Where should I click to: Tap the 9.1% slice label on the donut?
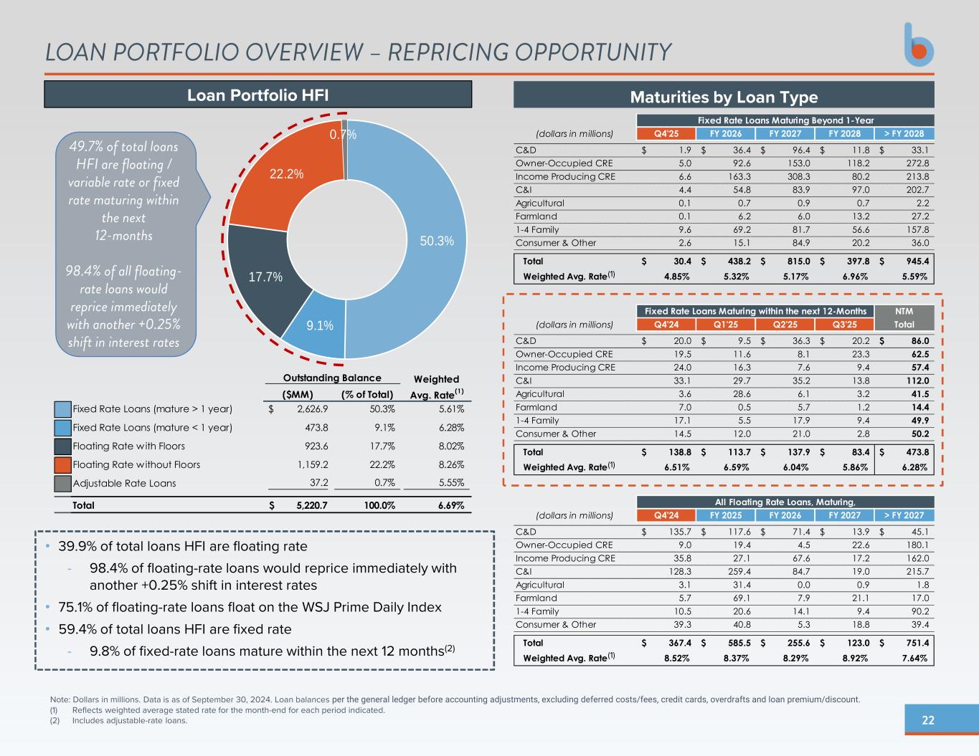(x=320, y=325)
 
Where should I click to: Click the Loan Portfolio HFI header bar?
(x=258, y=95)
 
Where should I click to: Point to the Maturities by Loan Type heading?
(x=724, y=96)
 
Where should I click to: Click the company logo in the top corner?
(x=919, y=44)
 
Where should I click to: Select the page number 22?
(x=928, y=720)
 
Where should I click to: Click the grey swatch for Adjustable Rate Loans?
(x=63, y=483)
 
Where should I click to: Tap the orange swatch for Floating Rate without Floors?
(x=63, y=464)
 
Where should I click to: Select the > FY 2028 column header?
(x=904, y=134)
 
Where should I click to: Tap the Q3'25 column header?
(x=845, y=325)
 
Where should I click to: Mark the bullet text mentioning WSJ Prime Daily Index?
(x=250, y=608)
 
